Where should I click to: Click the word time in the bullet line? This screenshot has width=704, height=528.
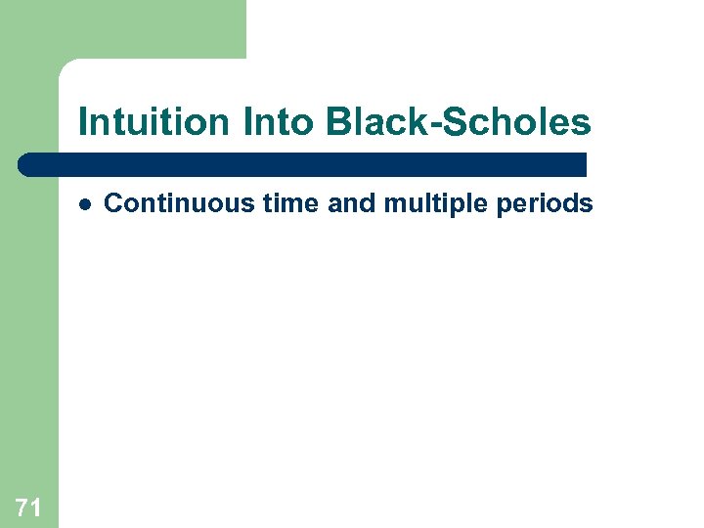pyautogui.click(x=255, y=203)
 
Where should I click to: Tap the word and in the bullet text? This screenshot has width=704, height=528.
pyautogui.click(x=311, y=203)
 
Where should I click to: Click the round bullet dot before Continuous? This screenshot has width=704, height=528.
pyautogui.click(x=85, y=204)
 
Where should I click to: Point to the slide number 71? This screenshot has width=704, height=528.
pyautogui.click(x=28, y=506)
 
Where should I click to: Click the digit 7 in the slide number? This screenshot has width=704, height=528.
pyautogui.click(x=22, y=506)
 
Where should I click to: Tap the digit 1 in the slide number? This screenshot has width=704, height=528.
pyautogui.click(x=35, y=506)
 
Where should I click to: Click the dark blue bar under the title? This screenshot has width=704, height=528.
pyautogui.click(x=303, y=164)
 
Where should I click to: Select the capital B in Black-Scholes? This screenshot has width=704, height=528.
pyautogui.click(x=337, y=123)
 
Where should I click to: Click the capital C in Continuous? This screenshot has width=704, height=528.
pyautogui.click(x=112, y=203)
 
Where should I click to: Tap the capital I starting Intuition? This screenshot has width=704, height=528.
pyautogui.click(x=82, y=123)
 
